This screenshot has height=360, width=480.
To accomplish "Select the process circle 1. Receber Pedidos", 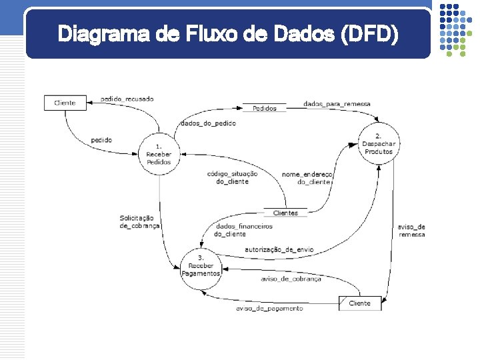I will click(x=159, y=153).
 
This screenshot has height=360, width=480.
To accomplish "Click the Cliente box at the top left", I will click(x=65, y=103).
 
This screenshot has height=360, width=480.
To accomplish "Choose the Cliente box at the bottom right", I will click(x=359, y=303).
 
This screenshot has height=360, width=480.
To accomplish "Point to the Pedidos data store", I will click(x=265, y=108).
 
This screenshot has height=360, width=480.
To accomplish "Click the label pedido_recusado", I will click(x=127, y=99).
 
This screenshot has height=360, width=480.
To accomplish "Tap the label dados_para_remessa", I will click(x=337, y=104).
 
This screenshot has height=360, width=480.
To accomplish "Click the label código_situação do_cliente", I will click(x=232, y=177).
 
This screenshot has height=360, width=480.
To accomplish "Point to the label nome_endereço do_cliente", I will click(x=307, y=177).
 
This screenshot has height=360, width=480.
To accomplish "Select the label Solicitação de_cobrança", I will click(x=139, y=221).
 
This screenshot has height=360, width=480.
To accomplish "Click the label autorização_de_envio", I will click(x=279, y=249).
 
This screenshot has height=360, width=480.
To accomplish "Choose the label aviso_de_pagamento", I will click(x=269, y=309).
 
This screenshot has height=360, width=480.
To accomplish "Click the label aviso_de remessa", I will click(x=411, y=231).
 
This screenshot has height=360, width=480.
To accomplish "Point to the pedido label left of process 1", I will click(x=101, y=140).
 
